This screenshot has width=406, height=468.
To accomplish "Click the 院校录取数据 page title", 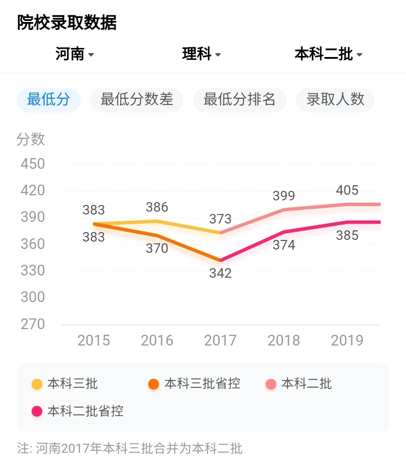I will [67, 23].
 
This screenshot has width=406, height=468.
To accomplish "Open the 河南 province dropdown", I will [74, 54].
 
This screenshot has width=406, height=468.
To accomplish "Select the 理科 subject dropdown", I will [201, 54].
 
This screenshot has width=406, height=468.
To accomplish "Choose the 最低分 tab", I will [48, 100].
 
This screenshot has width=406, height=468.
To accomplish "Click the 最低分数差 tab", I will [136, 100].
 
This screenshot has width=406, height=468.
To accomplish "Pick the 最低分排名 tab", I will [240, 100].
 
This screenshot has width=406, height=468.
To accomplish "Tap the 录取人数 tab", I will [336, 100].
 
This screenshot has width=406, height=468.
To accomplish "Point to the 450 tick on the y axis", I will [32, 164].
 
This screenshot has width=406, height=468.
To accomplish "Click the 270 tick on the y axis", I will [32, 324].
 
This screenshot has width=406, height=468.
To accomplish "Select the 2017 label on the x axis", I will [220, 340].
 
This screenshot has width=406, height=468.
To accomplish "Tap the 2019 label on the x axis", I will [347, 340].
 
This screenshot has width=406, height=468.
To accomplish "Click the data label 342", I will [220, 273].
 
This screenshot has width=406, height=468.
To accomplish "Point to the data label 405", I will [347, 190].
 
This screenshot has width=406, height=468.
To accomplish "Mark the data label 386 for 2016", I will [157, 207].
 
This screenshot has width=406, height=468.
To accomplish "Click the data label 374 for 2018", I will [284, 244].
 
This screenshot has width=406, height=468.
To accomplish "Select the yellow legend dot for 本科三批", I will [37, 384].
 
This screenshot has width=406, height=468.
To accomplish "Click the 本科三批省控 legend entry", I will [195, 384].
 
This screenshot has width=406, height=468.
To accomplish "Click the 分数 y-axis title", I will [30, 139].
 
